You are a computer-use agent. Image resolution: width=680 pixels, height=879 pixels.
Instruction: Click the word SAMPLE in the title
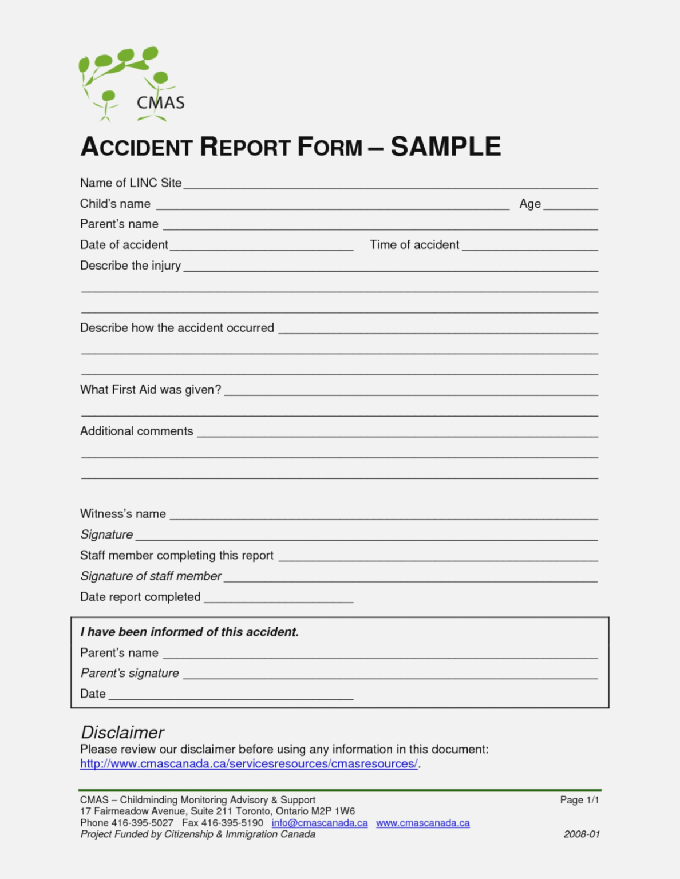[x=445, y=146]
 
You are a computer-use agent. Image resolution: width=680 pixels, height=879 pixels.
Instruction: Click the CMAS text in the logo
[x=160, y=103]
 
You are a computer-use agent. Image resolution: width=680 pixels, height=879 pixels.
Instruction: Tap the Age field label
[x=529, y=204]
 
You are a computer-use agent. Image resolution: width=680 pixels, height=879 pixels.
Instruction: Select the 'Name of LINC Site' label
[x=131, y=183]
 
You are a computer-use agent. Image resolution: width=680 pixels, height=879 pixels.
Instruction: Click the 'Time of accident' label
[x=414, y=245]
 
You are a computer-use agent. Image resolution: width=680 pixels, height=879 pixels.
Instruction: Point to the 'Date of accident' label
[x=124, y=245]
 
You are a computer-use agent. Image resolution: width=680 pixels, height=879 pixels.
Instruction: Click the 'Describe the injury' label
[x=131, y=266]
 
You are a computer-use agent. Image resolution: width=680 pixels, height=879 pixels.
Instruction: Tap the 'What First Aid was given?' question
[x=151, y=390]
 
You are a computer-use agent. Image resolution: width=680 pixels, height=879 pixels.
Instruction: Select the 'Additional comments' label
[x=137, y=431]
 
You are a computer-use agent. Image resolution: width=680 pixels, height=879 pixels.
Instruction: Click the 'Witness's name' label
[x=123, y=514]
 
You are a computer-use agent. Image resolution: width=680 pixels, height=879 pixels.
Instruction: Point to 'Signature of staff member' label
[x=151, y=576]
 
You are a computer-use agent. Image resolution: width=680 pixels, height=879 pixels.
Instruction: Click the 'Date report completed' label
[x=140, y=597]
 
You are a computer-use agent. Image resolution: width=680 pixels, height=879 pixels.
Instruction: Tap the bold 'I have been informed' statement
[x=189, y=632]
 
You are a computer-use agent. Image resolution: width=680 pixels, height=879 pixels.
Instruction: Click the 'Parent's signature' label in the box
[x=129, y=673]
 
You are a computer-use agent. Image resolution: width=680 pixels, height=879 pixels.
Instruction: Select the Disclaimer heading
[x=122, y=732]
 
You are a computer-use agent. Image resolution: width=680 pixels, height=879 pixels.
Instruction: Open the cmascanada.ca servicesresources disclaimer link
[x=248, y=764]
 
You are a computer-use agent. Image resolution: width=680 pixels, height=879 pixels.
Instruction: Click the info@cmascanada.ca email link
[x=319, y=823]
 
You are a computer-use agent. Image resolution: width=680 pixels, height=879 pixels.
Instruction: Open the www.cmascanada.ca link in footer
[x=422, y=823]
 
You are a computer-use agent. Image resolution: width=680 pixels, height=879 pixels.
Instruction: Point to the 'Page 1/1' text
[x=579, y=800]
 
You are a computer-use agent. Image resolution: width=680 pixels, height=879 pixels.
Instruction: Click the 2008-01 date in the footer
[x=582, y=834]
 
